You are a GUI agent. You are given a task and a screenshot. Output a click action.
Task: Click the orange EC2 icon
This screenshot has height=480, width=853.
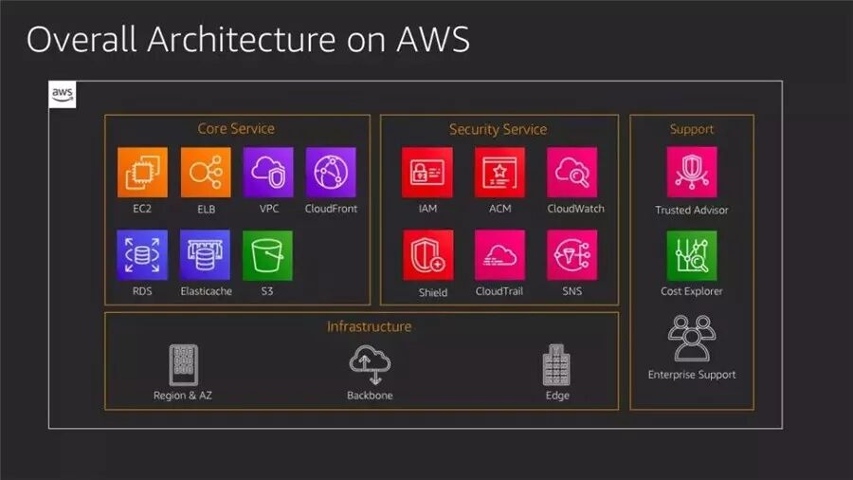[142, 172]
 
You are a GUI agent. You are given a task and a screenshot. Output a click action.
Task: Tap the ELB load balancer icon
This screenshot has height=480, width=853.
[206, 172]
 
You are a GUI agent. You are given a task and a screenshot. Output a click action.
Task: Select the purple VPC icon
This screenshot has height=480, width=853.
[267, 172]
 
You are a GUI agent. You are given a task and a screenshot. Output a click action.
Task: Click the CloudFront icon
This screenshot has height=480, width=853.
[331, 172]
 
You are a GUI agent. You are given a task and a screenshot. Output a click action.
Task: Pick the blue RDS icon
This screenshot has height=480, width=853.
[142, 254]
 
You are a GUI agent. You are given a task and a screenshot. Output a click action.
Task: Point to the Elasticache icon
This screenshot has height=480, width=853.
[206, 254]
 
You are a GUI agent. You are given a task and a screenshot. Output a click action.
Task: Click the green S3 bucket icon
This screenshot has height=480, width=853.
[267, 254]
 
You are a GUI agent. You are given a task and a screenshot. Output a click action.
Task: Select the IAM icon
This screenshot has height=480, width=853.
[426, 172]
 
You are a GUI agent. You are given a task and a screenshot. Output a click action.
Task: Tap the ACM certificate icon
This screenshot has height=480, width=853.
[499, 172]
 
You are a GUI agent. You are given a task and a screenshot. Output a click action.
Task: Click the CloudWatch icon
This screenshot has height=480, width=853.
[572, 172]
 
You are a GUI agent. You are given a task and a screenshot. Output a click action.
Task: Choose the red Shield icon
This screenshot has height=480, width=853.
[428, 254]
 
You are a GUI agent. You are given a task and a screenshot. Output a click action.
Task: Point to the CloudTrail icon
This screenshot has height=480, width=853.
[499, 254]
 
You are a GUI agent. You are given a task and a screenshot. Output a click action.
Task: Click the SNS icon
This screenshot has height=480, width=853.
[572, 254]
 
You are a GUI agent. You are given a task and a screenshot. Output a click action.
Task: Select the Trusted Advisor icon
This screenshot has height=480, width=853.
[692, 172]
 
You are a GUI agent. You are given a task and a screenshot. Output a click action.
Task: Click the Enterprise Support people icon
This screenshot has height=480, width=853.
[692, 338]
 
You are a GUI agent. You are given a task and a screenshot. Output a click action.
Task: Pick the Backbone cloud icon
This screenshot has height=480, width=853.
[369, 364]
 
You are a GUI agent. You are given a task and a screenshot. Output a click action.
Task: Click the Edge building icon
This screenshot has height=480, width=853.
[556, 364]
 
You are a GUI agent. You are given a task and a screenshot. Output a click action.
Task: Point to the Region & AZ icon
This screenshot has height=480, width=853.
[183, 364]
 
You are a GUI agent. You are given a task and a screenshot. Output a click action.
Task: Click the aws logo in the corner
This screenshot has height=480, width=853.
[63, 95]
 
